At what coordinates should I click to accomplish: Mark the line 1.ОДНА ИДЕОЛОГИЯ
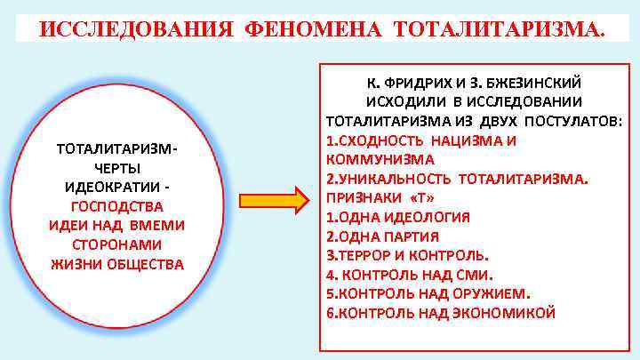[x=397, y=217]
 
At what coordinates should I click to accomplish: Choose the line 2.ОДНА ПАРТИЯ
[x=382, y=236]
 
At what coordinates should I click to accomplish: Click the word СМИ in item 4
[x=473, y=275]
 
